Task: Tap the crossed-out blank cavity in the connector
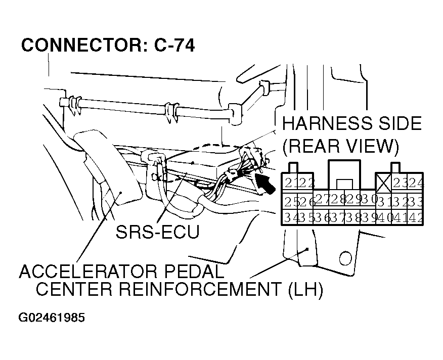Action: point(382,182)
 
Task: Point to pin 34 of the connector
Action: point(290,218)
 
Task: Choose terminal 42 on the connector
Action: point(416,218)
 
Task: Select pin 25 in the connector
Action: point(289,201)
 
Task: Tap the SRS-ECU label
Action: point(157,233)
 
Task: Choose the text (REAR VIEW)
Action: point(340,147)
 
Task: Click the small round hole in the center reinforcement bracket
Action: point(345,258)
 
